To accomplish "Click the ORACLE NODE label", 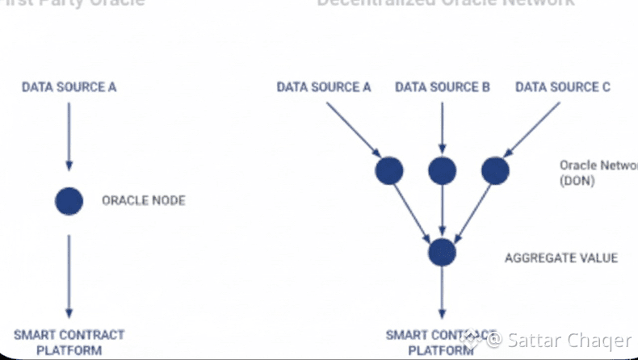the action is tap(143, 200).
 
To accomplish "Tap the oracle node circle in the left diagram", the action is tap(69, 200).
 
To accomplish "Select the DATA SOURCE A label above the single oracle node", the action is tap(69, 86).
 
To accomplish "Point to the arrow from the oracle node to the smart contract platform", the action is tap(69, 274).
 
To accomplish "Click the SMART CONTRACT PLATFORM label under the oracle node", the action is tap(69, 342).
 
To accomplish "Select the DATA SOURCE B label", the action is tap(443, 86).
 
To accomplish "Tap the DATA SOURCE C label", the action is tap(563, 86).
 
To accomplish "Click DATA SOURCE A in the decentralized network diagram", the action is tap(324, 86).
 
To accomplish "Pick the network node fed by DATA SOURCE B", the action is tap(443, 170).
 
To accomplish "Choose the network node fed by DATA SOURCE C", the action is tap(495, 170).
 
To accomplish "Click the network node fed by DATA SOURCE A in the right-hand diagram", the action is tap(389, 170).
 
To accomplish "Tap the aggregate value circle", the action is tap(443, 252).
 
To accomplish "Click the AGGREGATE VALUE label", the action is tap(561, 258).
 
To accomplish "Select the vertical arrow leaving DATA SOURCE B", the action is tap(443, 125).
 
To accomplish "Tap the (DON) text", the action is tap(577, 182).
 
